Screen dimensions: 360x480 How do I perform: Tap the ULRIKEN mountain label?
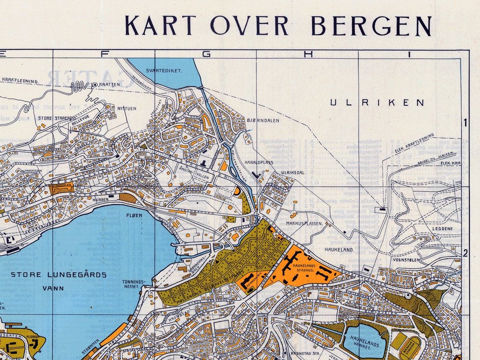pyautogui.click(x=377, y=102)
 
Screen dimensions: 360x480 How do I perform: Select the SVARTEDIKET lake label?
pyautogui.click(x=164, y=71)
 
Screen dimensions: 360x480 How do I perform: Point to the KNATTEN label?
pyautogui.click(x=109, y=84)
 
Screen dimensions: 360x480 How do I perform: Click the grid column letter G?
pyautogui.click(x=206, y=54)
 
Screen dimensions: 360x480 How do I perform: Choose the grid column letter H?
pyautogui.click(x=307, y=54)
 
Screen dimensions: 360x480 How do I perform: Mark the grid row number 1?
pyautogui.click(x=465, y=123)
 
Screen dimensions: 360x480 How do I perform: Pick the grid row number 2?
pyautogui.click(x=465, y=253)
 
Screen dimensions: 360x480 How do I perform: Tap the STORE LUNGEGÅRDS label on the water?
pyautogui.click(x=59, y=275)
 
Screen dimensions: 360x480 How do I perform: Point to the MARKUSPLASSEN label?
pyautogui.click(x=304, y=223)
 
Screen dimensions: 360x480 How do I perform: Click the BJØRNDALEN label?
pyautogui.click(x=263, y=120)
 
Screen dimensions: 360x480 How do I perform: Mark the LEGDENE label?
pyautogui.click(x=442, y=229)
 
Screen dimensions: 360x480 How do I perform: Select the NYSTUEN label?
pyautogui.click(x=127, y=108)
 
